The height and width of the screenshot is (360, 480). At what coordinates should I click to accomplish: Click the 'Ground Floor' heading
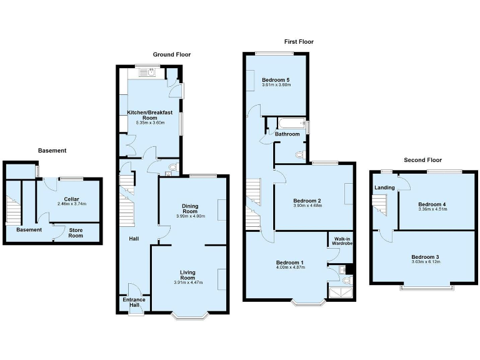coord(172,55)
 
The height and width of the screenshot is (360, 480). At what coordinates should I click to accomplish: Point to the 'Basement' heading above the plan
coord(52,151)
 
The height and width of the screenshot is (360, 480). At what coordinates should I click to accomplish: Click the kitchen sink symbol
coord(152,72)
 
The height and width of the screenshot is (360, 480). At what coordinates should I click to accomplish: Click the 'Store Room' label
coord(76,232)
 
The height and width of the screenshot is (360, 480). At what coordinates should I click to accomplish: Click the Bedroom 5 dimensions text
coord(276,86)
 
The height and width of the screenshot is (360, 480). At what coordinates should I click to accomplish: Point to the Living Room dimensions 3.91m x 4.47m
coord(187,282)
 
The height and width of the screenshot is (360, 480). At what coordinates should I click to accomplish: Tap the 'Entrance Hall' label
coord(134,303)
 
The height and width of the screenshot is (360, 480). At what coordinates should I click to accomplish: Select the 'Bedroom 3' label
coord(425,257)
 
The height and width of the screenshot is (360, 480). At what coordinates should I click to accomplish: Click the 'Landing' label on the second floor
coord(384,187)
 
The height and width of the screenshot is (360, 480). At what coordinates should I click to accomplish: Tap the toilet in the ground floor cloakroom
coord(172,167)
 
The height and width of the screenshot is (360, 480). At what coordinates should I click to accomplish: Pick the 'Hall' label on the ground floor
coord(134,239)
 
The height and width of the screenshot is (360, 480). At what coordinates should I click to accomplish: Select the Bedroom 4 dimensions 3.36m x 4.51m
coord(432,210)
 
